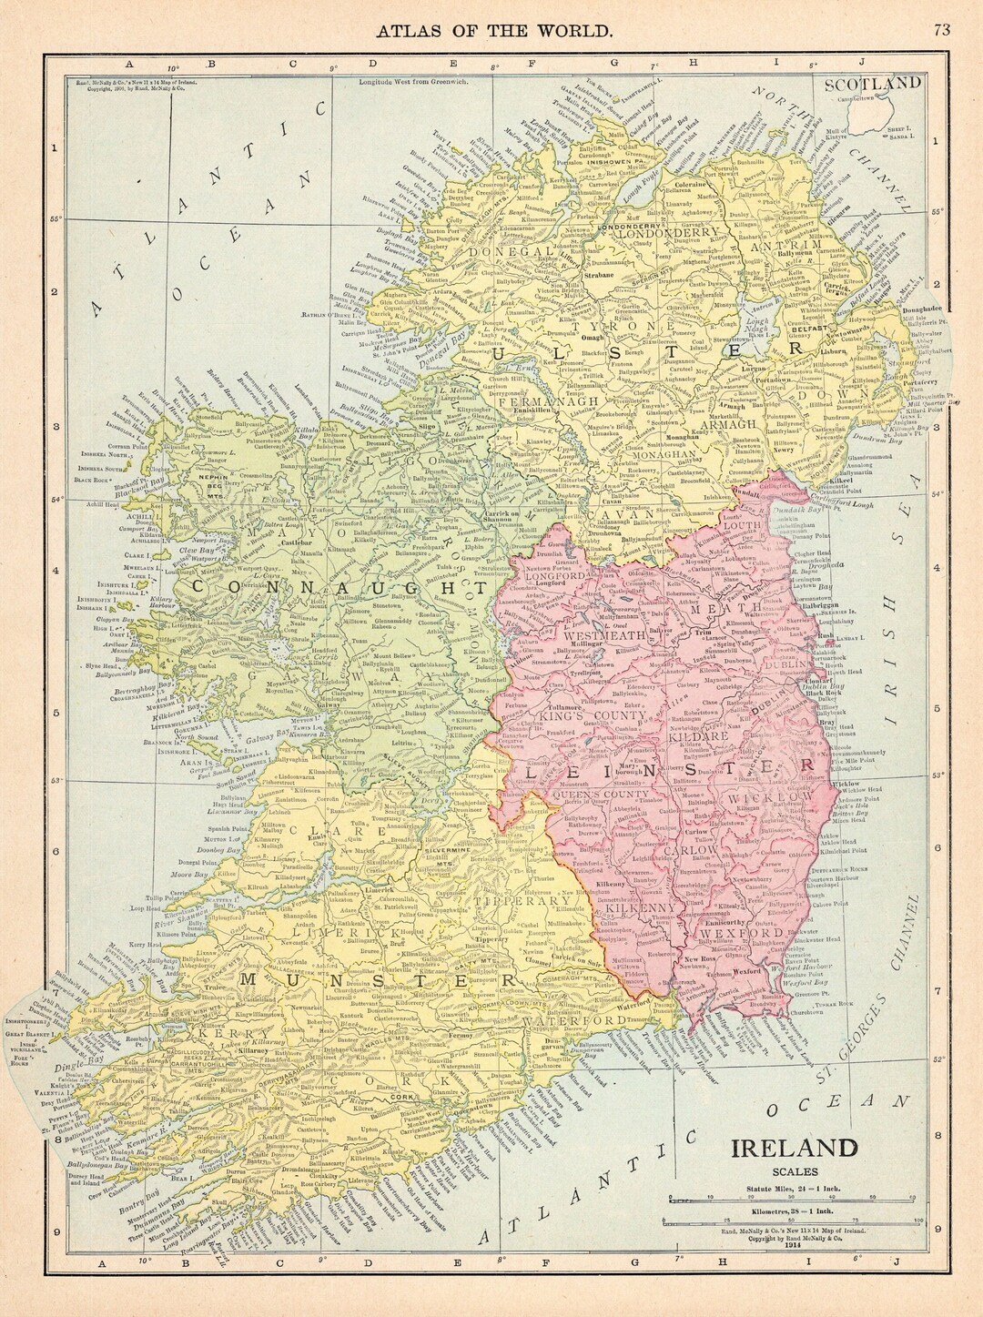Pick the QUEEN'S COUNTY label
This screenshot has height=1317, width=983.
point(603,794)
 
